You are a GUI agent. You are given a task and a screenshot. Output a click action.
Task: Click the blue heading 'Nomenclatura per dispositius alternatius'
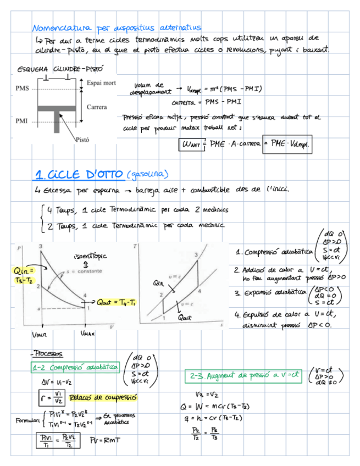tap(117, 27)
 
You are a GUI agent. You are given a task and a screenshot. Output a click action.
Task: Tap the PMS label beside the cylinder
tap(23, 88)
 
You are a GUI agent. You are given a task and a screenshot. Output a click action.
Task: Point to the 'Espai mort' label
tap(101, 82)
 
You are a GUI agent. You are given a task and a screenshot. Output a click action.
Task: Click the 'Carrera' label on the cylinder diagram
tap(97, 107)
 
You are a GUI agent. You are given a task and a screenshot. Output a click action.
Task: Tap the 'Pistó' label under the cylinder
tap(82, 140)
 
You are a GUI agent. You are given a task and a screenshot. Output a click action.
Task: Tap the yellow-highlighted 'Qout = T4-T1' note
tap(116, 302)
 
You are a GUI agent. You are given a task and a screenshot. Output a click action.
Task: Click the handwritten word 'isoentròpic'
tap(89, 256)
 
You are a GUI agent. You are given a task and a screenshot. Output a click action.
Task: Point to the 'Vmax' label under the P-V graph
tap(87, 333)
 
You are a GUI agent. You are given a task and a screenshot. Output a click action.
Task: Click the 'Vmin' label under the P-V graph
tap(40, 334)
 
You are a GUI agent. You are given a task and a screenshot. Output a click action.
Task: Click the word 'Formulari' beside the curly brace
tap(25, 421)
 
